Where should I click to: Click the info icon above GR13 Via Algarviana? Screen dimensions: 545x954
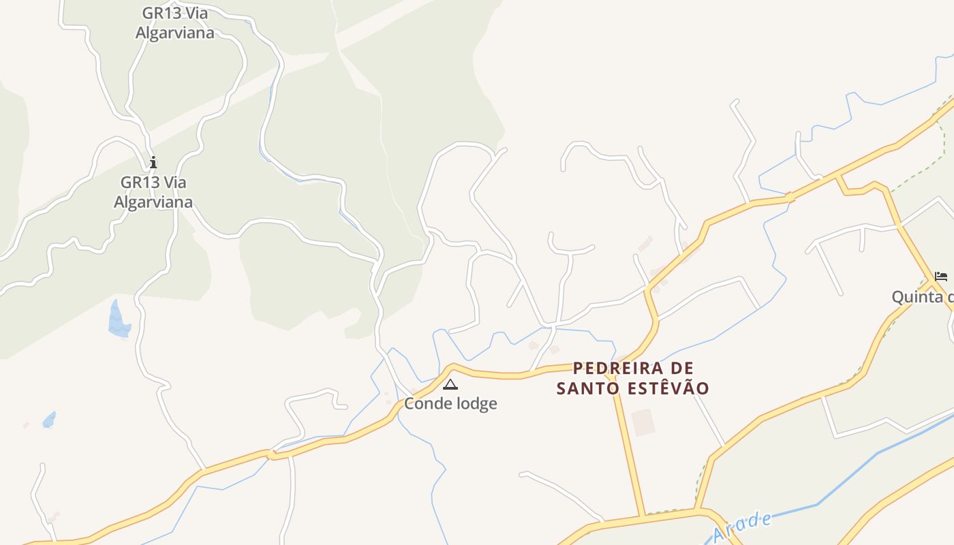click(153, 162)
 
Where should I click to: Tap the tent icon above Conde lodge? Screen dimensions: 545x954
click(450, 385)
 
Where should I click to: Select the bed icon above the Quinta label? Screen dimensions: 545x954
click(941, 276)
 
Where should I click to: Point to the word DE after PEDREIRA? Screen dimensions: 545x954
click(682, 369)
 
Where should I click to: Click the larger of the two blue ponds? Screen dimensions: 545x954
click(119, 320)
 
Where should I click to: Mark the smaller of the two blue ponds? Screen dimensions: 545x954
click(49, 420)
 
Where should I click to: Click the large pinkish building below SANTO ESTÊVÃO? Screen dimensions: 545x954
click(643, 422)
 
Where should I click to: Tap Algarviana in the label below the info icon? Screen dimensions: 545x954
click(153, 202)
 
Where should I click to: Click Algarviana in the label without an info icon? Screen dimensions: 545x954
click(175, 33)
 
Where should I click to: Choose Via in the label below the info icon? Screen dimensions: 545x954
click(175, 183)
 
